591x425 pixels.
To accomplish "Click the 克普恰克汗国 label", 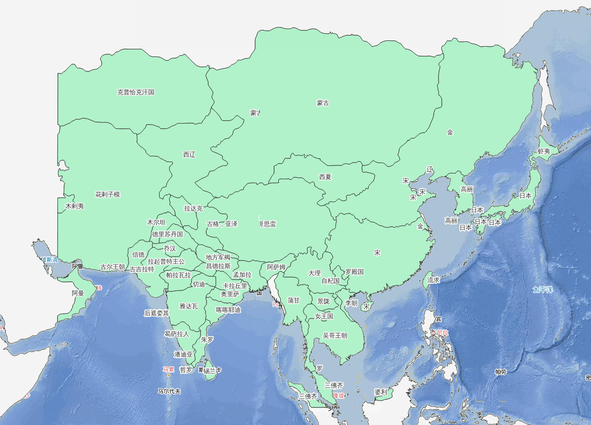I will point(136,92).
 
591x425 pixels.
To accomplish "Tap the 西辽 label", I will point(189,155).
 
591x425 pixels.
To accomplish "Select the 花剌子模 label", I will point(107,195).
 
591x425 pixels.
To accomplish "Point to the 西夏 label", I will point(325,177).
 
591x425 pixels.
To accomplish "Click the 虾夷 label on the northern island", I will point(543,151).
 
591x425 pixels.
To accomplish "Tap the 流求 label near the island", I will point(433,280).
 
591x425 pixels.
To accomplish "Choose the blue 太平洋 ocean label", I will point(543,290).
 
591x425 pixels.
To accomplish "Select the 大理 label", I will point(315,273).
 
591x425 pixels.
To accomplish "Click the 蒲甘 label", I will point(294,300).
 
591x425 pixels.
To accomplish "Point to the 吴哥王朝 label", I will point(335,336).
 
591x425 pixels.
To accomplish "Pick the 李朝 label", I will point(351,303).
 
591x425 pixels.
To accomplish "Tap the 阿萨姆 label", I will point(276,268).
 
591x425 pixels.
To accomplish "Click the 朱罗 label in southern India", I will point(207,340).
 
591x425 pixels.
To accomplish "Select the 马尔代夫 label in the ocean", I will point(169,392).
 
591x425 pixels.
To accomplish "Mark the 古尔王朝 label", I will point(113,267).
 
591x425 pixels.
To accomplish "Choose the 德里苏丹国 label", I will point(167,234).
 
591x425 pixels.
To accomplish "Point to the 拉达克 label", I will point(193,208).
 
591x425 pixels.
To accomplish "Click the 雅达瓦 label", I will point(189,307).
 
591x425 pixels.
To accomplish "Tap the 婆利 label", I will point(381,392).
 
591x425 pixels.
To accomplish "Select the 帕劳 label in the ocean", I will point(501,372).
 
